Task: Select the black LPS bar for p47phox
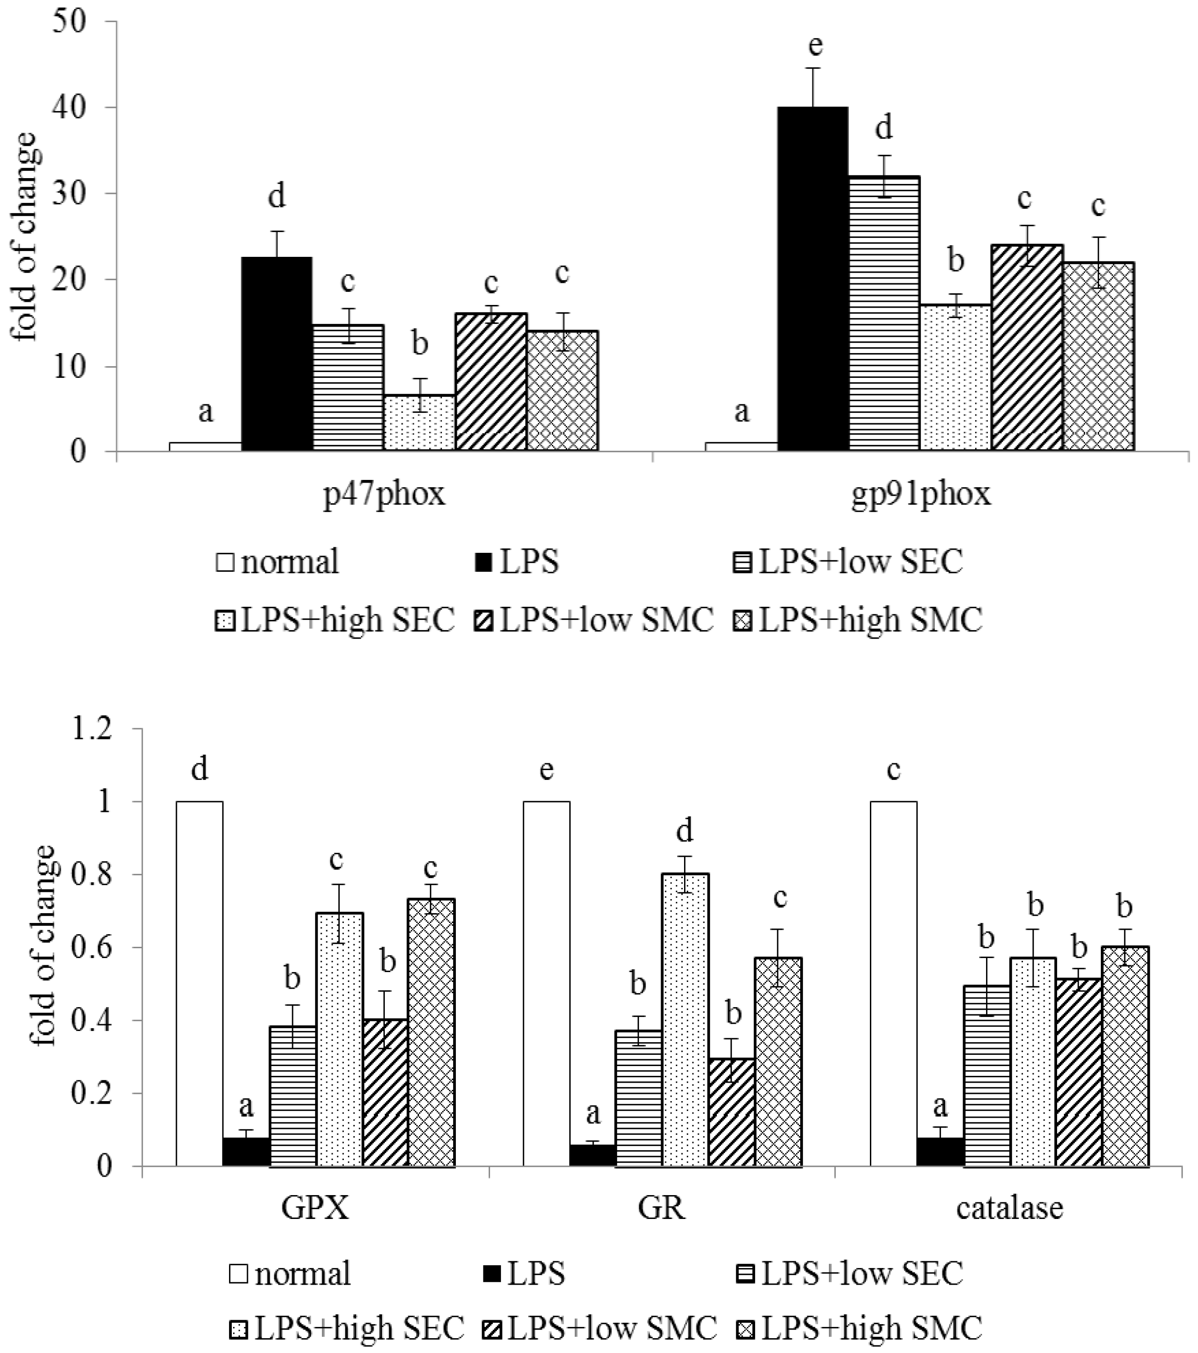pyautogui.click(x=276, y=354)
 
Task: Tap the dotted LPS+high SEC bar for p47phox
pyautogui.click(x=419, y=424)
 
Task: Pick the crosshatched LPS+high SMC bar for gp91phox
pyautogui.click(x=1098, y=358)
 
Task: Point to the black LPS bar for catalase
pyautogui.click(x=939, y=1152)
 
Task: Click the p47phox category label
pyautogui.click(x=384, y=494)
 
